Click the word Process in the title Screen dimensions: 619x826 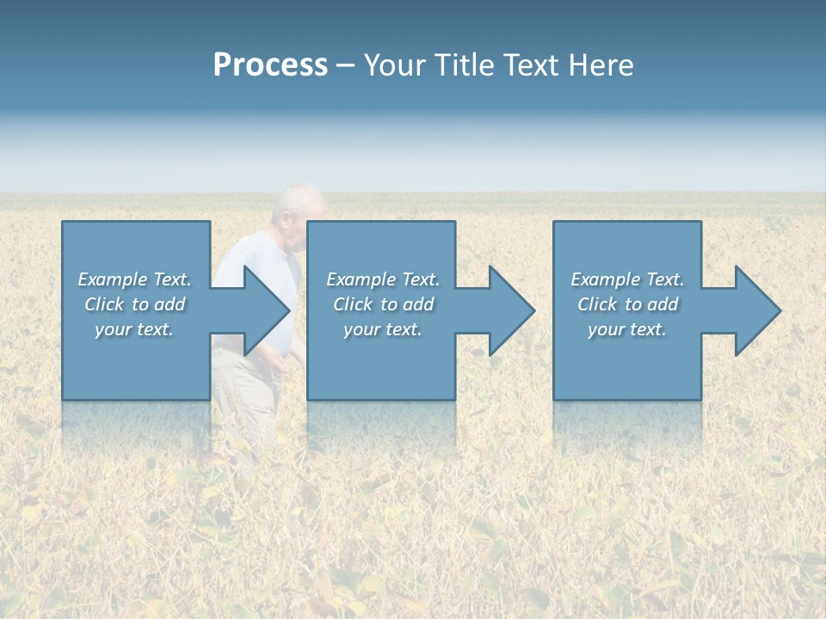point(270,65)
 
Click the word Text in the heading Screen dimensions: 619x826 point(529,65)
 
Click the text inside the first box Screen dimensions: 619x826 point(134,304)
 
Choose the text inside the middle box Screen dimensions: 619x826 point(382,304)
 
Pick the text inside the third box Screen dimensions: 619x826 point(627,304)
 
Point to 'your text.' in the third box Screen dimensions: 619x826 point(627,329)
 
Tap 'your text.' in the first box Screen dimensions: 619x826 point(134,329)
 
